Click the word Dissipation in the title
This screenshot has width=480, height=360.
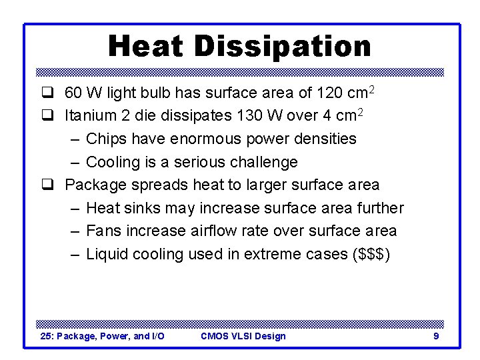283,47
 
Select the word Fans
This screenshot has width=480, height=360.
102,231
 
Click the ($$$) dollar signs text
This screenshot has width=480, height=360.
371,254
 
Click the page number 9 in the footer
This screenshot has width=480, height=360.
436,336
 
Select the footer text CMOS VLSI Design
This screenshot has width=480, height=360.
243,336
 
